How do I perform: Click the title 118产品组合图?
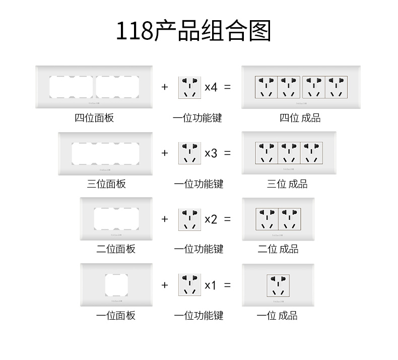[194, 31]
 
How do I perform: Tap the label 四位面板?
[94, 118]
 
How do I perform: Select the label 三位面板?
[106, 184]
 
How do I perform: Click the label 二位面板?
[116, 249]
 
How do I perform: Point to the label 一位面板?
[116, 316]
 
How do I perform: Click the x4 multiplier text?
[211, 87]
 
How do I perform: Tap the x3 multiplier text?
[211, 153]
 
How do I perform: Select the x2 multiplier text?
[211, 219]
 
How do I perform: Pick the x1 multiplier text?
[211, 285]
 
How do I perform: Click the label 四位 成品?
[300, 118]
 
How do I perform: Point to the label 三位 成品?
[287, 184]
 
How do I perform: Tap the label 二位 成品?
[278, 249]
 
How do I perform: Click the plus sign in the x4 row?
[165, 87]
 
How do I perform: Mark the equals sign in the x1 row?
[227, 285]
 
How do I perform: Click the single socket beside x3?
[189, 153]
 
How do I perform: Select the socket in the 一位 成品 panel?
[278, 285]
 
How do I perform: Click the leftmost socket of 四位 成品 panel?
[267, 87]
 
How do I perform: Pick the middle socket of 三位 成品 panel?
[289, 153]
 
